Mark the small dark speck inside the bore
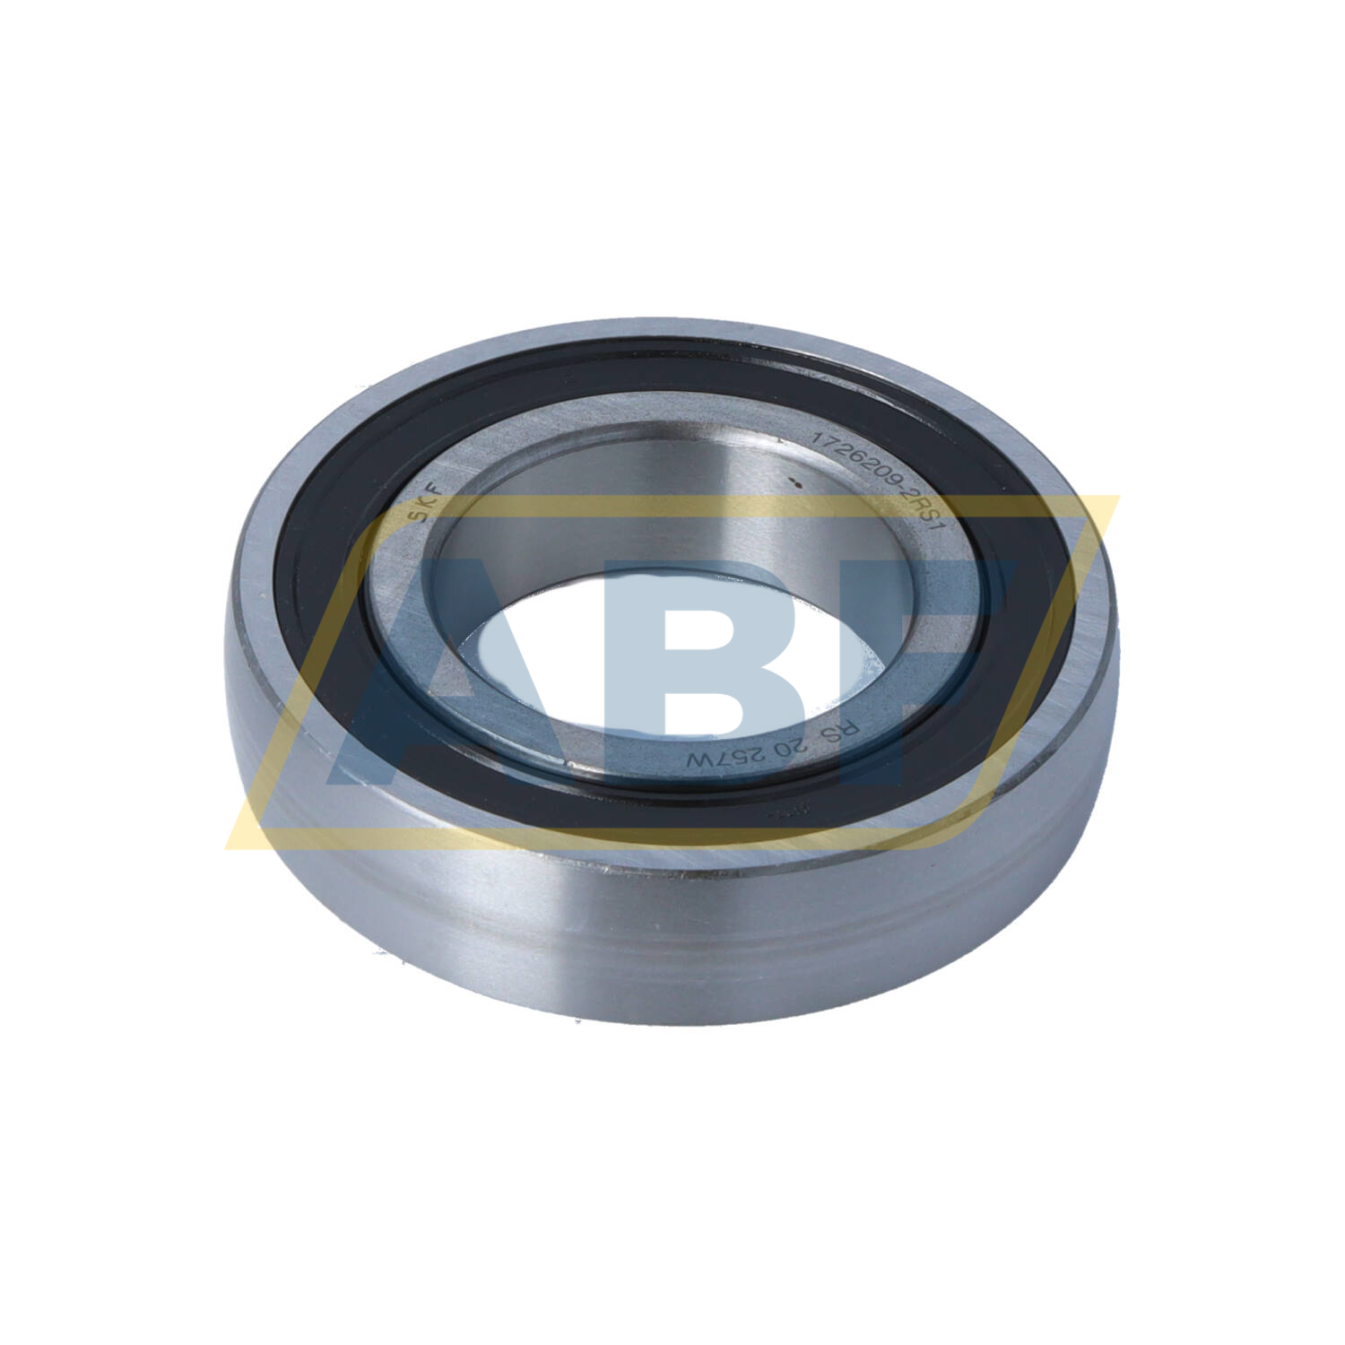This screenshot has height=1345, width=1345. pos(792,484)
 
